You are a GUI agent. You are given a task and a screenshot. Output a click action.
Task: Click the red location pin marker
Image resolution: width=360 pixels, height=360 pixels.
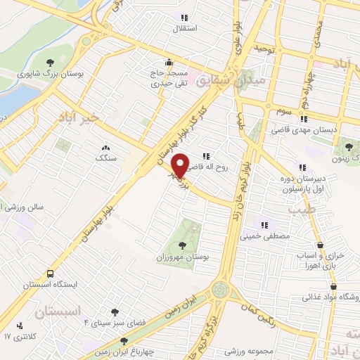(x=180, y=165)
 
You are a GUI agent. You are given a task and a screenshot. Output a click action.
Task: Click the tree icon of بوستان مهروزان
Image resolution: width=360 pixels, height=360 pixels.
(x=183, y=245)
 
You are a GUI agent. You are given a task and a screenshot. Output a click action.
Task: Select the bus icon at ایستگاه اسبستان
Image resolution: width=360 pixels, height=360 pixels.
(x=50, y=274)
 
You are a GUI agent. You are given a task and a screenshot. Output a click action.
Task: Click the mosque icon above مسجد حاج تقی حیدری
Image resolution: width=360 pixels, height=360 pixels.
(x=167, y=62)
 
